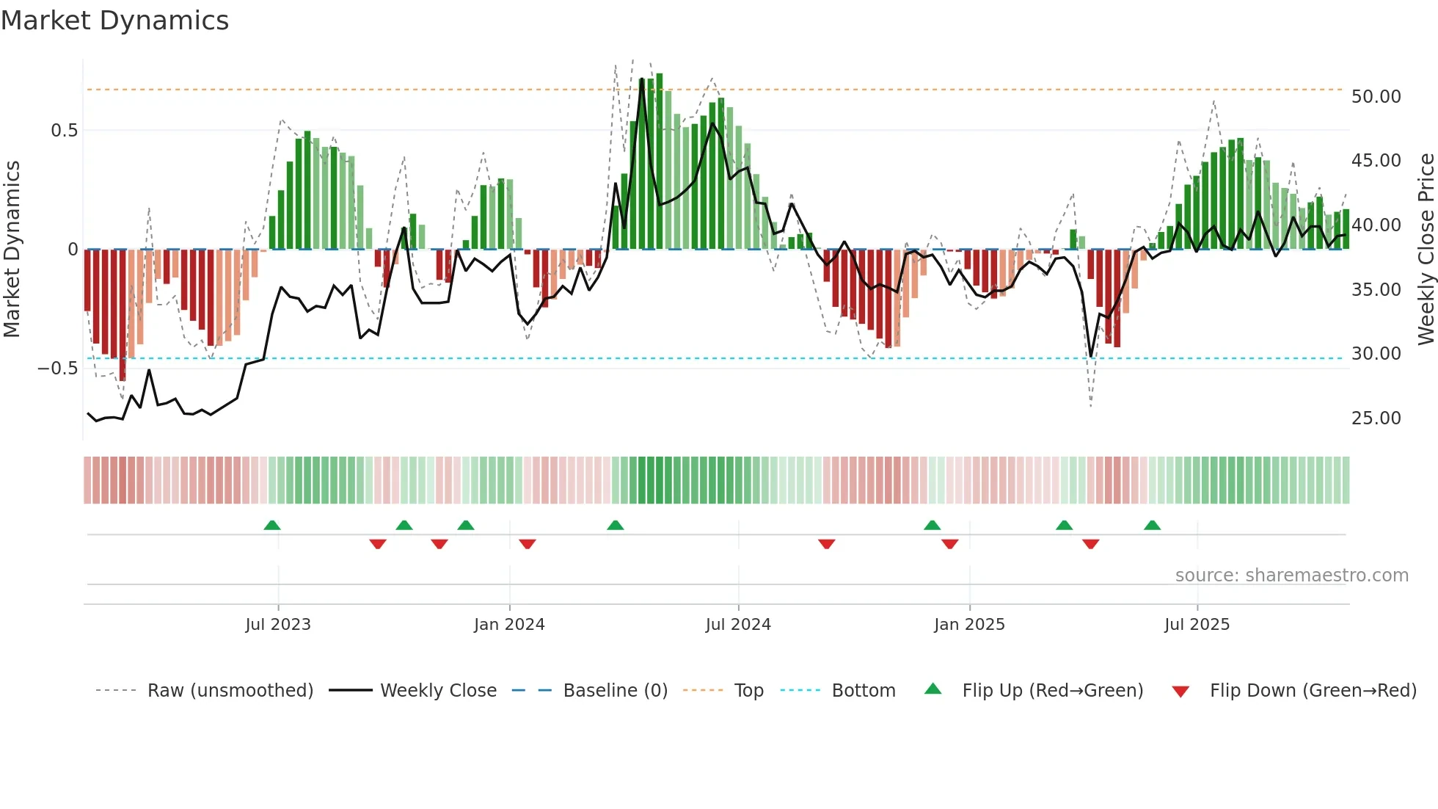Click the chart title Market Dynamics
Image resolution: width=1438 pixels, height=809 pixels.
pos(115,21)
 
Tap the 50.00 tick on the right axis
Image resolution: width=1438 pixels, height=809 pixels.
pos(1376,97)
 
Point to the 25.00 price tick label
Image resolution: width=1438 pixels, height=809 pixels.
pos(1376,418)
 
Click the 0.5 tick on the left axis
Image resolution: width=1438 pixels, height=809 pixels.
pos(64,131)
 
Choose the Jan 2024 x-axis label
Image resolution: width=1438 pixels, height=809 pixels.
pos(509,625)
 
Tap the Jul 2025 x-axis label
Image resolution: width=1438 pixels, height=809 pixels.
pos(1197,625)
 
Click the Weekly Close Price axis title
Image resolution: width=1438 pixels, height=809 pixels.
pos(1426,250)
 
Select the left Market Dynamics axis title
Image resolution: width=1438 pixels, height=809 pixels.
pos(12,250)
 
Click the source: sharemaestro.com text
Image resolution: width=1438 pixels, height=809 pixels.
pos(1291,576)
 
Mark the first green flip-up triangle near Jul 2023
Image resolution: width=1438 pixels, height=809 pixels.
pos(272,526)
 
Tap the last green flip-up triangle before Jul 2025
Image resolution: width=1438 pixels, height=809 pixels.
pos(1152,526)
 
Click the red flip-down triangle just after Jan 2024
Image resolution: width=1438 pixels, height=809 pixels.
pos(528,544)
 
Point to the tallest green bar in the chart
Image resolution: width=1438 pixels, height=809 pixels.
pos(659,162)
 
